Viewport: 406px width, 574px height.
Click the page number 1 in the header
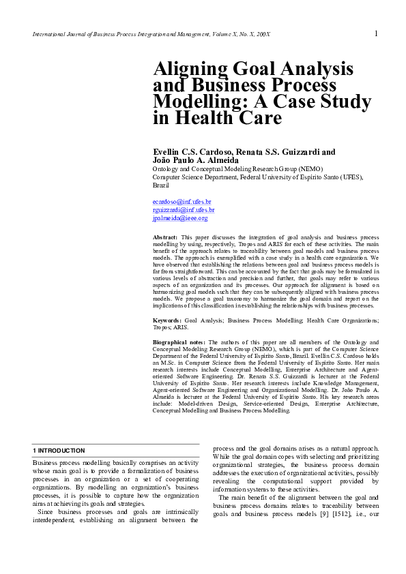pos(376,33)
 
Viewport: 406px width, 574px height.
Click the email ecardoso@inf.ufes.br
pos(182,202)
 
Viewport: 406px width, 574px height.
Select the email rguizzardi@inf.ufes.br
pos(184,210)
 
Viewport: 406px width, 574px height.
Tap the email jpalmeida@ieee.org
pos(180,218)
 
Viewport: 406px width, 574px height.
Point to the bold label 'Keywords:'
pos(167,320)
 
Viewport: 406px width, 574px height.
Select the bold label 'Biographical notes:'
pos(179,342)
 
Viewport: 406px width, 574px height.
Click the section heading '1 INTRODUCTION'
pos(59,451)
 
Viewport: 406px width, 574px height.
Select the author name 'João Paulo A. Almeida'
pos(195,160)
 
